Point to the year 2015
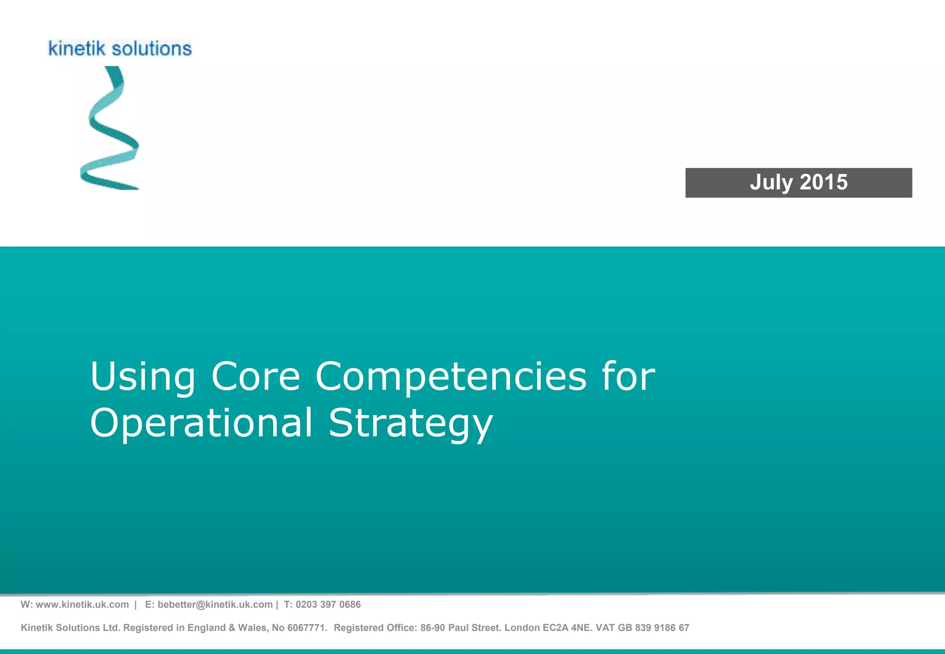824,183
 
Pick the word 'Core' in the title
256,376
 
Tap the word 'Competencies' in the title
451,377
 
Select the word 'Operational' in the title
202,423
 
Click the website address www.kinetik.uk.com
82,605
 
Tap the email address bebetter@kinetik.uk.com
215,605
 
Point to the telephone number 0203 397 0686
328,605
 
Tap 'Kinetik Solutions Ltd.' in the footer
71,628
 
